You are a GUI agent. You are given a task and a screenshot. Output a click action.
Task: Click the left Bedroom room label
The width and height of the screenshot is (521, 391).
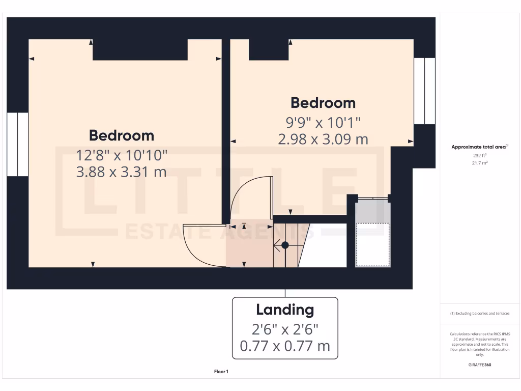(121, 135)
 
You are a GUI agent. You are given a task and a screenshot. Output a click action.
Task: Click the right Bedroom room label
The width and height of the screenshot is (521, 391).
(323, 103)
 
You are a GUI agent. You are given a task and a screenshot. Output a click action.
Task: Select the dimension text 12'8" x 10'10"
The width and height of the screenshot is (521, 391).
(121, 154)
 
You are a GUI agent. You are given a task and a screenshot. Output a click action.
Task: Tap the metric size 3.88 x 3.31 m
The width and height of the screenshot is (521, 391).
(121, 172)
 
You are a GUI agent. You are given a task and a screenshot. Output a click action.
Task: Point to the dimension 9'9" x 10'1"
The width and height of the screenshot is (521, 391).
(323, 122)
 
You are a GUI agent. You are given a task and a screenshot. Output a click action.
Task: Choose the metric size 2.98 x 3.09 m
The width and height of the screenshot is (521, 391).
(323, 139)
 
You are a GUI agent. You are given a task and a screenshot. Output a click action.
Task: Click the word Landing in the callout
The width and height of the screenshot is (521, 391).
(285, 310)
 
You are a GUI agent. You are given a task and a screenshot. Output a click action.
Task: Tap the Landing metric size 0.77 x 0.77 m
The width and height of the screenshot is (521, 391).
(285, 347)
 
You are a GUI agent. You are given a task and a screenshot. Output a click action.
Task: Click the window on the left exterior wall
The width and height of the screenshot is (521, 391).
(17, 145)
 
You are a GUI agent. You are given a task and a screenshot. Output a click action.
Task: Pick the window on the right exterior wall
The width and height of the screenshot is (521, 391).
(424, 91)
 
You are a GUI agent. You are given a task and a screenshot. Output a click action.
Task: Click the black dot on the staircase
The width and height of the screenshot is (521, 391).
(285, 245)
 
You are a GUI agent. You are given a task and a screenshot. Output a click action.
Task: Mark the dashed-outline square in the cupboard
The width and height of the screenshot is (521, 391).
(373, 244)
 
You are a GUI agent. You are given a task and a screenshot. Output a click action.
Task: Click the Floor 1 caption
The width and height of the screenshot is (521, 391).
(221, 372)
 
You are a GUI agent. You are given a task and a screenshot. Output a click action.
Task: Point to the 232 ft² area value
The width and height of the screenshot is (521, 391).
(480, 156)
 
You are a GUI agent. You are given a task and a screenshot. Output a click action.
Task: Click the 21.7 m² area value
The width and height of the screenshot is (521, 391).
(480, 163)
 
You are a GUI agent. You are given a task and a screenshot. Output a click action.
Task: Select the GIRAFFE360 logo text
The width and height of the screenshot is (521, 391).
(480, 365)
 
